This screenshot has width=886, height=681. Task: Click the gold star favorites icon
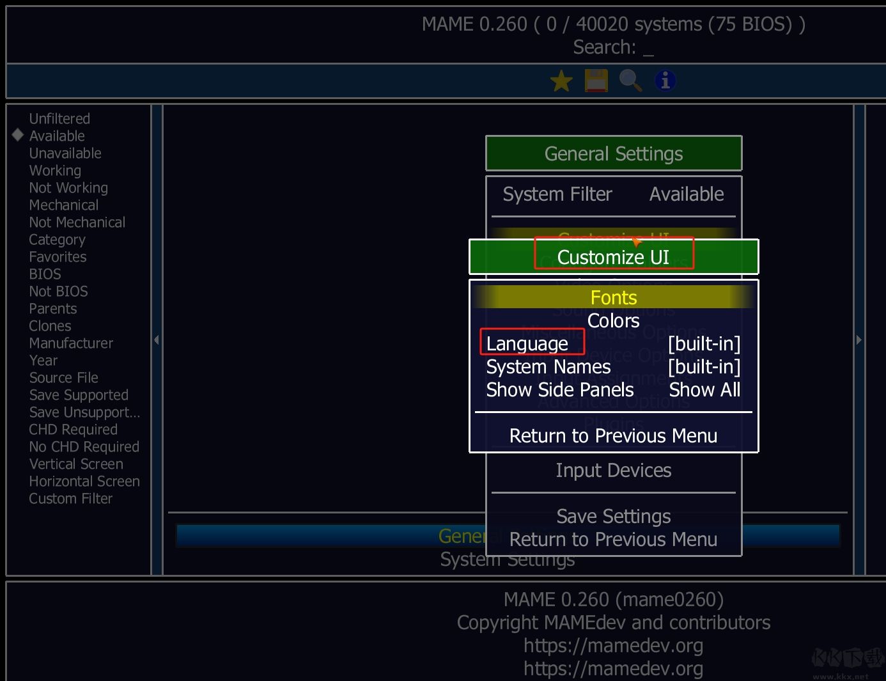pyautogui.click(x=561, y=81)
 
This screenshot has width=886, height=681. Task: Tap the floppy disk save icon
pyautogui.click(x=596, y=81)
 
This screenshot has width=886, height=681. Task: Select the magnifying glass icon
pyautogui.click(x=630, y=81)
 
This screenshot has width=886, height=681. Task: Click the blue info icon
pyautogui.click(x=665, y=81)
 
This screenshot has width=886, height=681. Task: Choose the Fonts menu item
pyautogui.click(x=614, y=298)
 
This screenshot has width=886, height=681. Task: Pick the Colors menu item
pyautogui.click(x=614, y=321)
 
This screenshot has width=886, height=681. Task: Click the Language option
pyautogui.click(x=527, y=344)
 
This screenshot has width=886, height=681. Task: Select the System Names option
pyautogui.click(x=548, y=367)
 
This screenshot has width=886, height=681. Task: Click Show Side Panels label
pyautogui.click(x=560, y=390)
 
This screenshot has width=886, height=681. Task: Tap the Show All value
pyautogui.click(x=704, y=390)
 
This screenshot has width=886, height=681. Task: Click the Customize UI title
pyautogui.click(x=614, y=257)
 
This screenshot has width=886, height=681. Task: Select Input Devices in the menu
pyautogui.click(x=614, y=471)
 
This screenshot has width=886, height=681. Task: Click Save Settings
pyautogui.click(x=614, y=516)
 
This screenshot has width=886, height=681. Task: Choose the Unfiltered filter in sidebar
pyautogui.click(x=59, y=119)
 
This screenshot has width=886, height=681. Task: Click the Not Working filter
pyautogui.click(x=68, y=188)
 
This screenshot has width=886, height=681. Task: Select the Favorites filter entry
pyautogui.click(x=58, y=257)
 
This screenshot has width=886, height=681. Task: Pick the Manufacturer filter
pyautogui.click(x=71, y=343)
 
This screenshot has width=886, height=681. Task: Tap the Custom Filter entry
pyautogui.click(x=70, y=499)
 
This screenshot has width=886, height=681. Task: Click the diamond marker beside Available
pyautogui.click(x=18, y=135)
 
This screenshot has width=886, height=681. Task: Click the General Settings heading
pyautogui.click(x=614, y=154)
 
